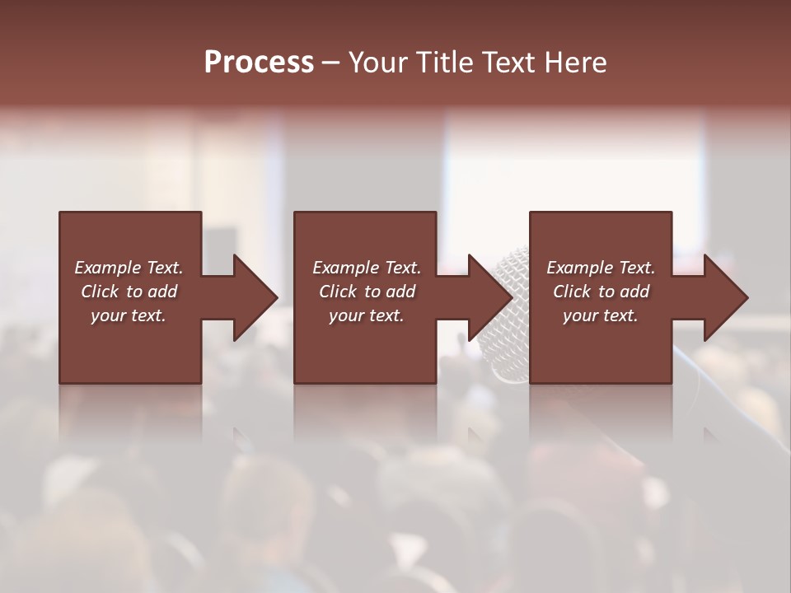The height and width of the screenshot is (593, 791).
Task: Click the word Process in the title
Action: pyautogui.click(x=259, y=63)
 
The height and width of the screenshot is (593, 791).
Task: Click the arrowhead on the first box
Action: pyautogui.click(x=252, y=297)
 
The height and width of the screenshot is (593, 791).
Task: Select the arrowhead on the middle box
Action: pyautogui.click(x=488, y=297)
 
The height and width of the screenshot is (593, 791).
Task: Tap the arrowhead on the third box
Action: pyautogui.click(x=723, y=297)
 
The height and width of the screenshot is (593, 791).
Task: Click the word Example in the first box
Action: pyautogui.click(x=107, y=268)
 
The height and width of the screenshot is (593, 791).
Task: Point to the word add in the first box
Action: pyautogui.click(x=162, y=292)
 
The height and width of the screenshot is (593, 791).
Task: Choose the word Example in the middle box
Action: pyautogui.click(x=345, y=268)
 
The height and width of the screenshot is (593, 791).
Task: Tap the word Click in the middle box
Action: pyautogui.click(x=338, y=292)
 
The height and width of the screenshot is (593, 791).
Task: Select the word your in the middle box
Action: pyautogui.click(x=346, y=315)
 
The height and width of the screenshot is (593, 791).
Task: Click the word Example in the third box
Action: pyautogui.click(x=579, y=268)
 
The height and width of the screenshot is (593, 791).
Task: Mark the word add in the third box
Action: pyautogui.click(x=634, y=292)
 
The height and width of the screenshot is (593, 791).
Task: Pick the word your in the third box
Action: pyautogui.click(x=580, y=315)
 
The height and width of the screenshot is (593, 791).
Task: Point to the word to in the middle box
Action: pyautogui.click(x=372, y=292)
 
